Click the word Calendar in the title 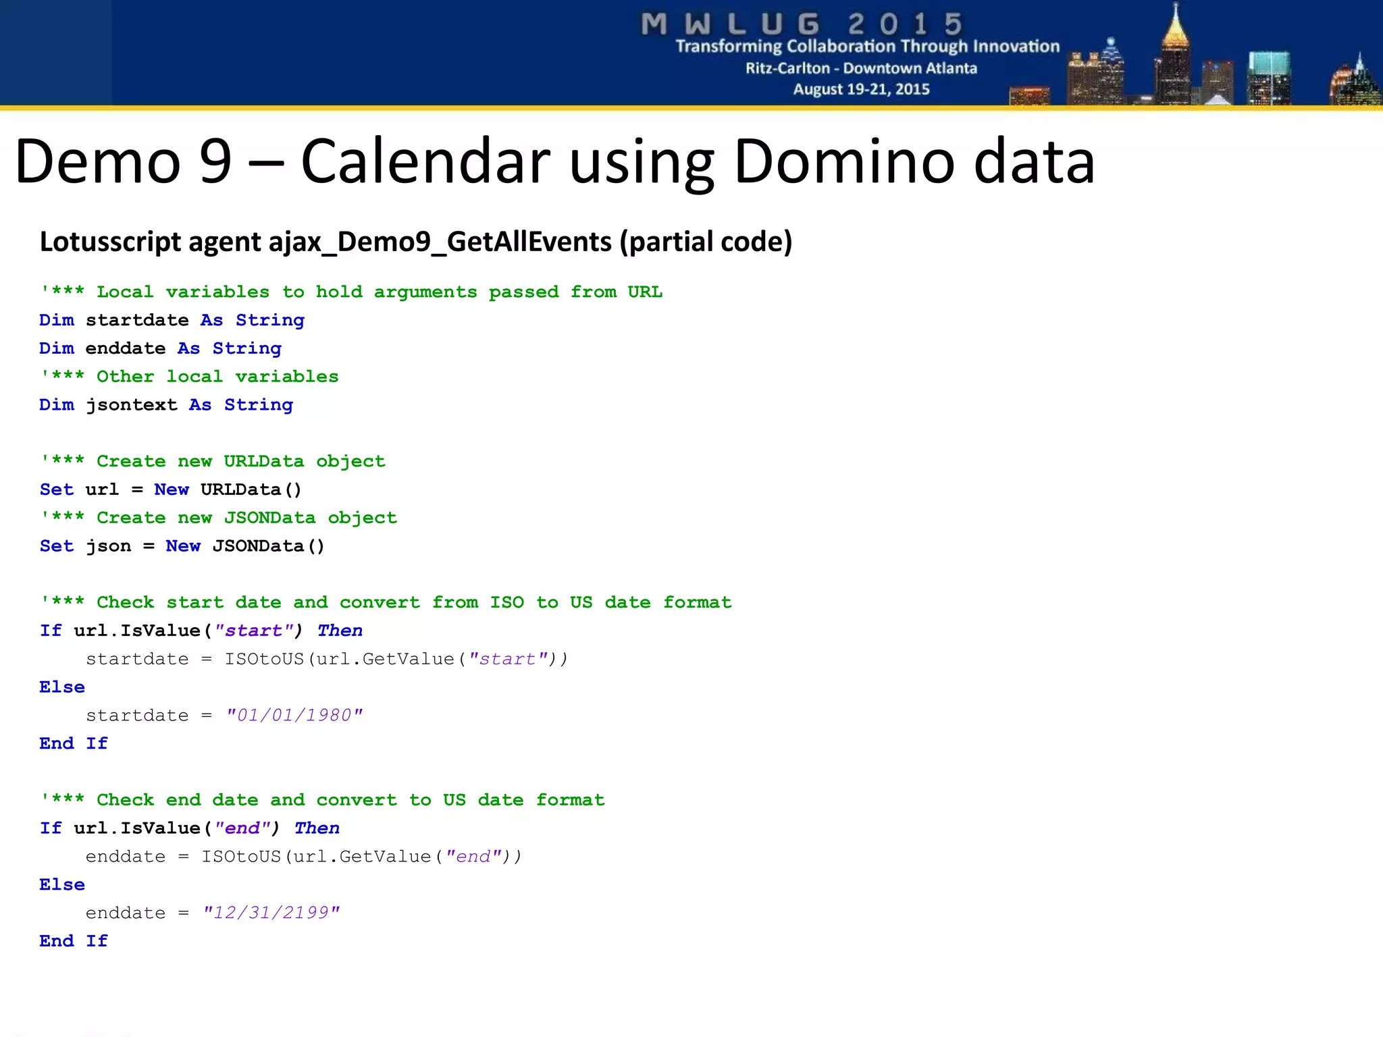coord(425,162)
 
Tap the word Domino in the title coord(844,162)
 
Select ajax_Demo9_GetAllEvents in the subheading coord(440,242)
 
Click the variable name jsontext coord(131,405)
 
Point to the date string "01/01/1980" coord(294,715)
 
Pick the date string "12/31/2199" coord(271,913)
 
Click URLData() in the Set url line coord(251,489)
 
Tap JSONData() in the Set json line coord(268,546)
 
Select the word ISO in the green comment coord(506,602)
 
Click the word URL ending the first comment coord(645,292)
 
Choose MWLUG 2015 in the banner coord(802,24)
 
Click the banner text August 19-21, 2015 coord(861,89)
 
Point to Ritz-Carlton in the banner coord(787,68)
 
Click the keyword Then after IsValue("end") coord(317,828)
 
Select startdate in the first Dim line coord(137,321)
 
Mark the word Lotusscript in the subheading coord(111,242)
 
